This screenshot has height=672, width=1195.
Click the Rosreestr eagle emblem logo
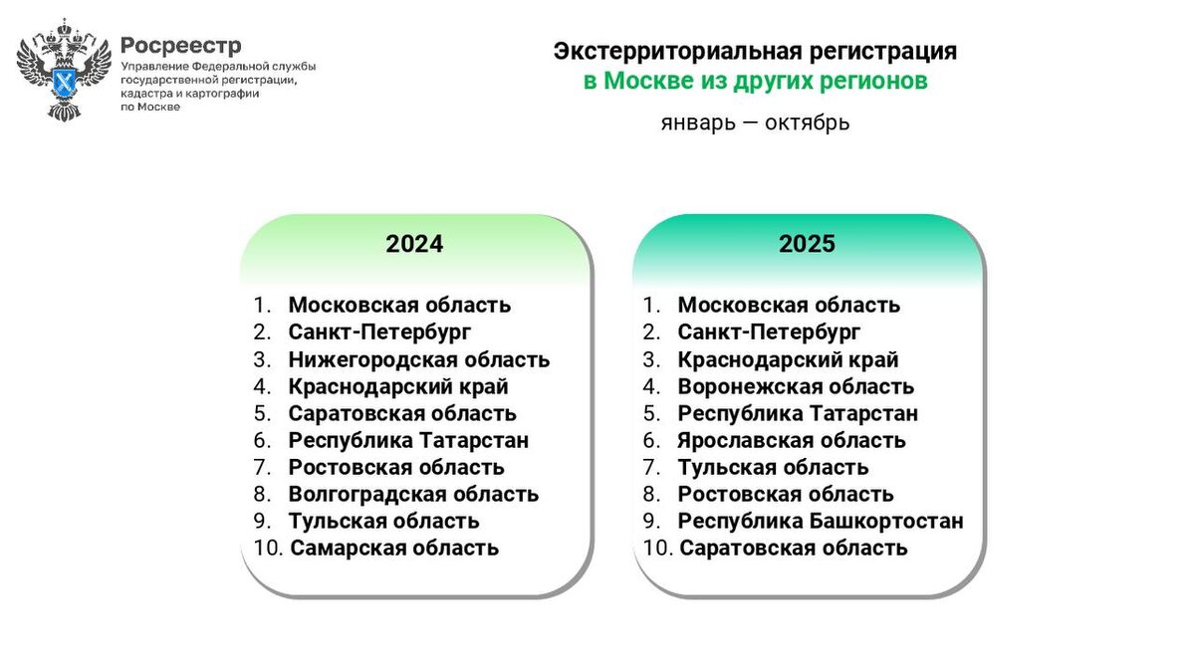click(63, 70)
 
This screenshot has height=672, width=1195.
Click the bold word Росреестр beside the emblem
click(180, 46)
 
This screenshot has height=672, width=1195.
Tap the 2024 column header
click(414, 244)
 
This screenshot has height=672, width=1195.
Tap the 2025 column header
click(807, 244)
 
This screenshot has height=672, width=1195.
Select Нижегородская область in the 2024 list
click(418, 359)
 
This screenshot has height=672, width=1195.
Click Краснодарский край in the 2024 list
click(398, 386)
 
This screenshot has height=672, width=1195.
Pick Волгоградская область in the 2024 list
click(413, 494)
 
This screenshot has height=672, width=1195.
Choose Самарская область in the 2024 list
click(394, 548)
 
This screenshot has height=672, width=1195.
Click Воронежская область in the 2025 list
click(796, 386)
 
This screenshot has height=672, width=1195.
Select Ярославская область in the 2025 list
click(792, 440)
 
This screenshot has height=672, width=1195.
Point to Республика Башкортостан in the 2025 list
click(821, 521)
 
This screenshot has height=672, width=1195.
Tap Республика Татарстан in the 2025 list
click(798, 413)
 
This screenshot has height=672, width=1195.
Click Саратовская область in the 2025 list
click(794, 548)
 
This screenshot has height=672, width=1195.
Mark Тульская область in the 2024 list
click(383, 521)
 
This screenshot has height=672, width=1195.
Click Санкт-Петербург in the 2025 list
click(769, 333)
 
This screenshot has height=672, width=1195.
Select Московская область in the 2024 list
click(399, 306)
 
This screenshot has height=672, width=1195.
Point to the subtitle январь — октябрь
click(754, 123)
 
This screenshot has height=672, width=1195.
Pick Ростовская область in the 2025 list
click(786, 494)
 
